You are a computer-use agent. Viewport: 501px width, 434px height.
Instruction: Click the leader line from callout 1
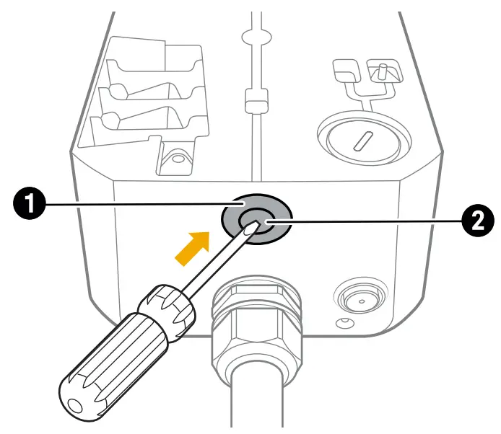tap(137, 205)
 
